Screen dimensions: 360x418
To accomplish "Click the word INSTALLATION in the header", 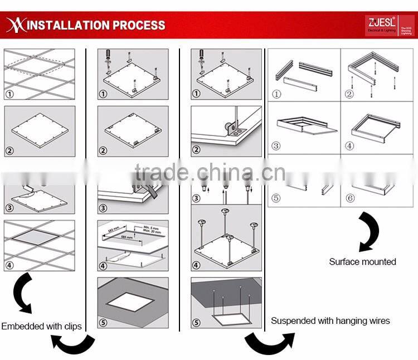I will point(68,25).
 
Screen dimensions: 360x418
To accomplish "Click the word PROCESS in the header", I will point(139,25).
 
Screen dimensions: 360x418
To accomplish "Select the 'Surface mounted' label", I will point(362,261).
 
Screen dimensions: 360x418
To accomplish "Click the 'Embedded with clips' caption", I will point(41,326).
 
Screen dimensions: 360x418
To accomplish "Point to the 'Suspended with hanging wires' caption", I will point(330,320).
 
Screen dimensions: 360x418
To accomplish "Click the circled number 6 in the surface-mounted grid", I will point(350,198).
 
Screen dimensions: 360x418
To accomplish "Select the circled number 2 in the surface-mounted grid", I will point(350,94).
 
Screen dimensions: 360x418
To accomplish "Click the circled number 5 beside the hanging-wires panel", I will point(196,323).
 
